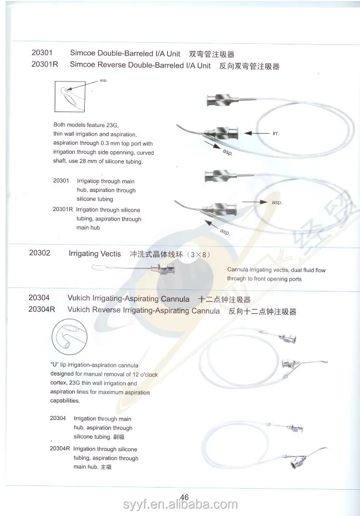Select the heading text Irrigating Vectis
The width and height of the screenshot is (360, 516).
tap(95, 254)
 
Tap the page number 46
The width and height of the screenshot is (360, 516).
tap(184, 497)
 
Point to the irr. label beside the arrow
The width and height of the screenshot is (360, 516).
tap(275, 133)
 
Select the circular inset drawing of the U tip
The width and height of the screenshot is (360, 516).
tap(68, 338)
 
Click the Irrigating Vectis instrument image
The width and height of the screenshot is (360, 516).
tap(133, 268)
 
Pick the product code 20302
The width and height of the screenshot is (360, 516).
tap(40, 254)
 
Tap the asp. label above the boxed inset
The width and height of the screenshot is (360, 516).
tap(103, 80)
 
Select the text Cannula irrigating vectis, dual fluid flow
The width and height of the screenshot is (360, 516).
tap(276, 270)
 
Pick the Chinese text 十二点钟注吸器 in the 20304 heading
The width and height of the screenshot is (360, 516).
tap(225, 299)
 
